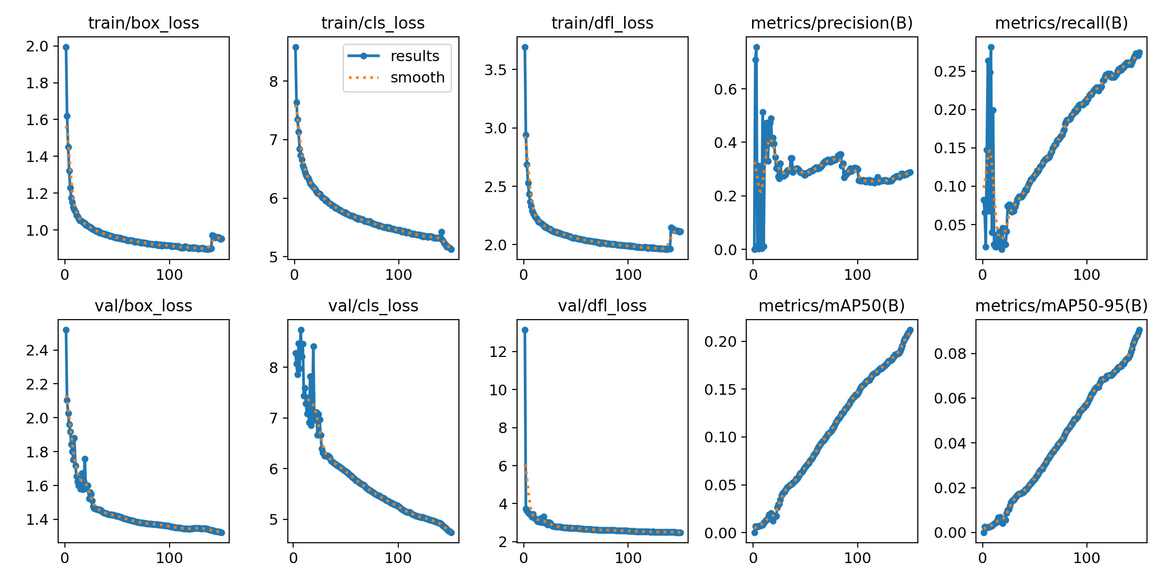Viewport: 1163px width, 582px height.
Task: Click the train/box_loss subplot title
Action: [x=143, y=23]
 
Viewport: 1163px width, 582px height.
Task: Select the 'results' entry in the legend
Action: [x=414, y=56]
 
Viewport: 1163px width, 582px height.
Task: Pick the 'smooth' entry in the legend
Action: [x=417, y=78]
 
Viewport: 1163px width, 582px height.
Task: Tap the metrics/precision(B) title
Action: [x=832, y=23]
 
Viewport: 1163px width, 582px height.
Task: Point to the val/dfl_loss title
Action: [x=602, y=306]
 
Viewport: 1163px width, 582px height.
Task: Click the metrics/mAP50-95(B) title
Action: [x=1061, y=306]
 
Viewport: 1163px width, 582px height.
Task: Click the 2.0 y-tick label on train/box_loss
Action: [x=37, y=47]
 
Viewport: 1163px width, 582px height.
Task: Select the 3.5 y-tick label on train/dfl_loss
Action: [x=495, y=70]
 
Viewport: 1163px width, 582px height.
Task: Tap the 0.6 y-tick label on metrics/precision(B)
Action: [x=725, y=89]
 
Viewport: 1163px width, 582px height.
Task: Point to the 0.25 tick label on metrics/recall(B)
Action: [x=950, y=72]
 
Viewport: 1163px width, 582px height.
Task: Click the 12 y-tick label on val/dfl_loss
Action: [x=498, y=352]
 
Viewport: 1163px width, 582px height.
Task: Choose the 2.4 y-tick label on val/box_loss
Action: [x=37, y=350]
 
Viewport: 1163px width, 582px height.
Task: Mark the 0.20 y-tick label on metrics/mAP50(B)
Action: [x=721, y=341]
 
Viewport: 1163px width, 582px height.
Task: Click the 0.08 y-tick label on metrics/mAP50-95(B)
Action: [x=950, y=354]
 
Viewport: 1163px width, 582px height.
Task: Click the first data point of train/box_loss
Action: [x=66, y=47]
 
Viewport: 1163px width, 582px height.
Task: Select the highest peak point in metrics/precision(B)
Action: [x=756, y=47]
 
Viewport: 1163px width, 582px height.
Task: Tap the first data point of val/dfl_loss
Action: [x=525, y=330]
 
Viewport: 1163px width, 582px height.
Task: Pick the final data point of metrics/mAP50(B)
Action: [x=910, y=330]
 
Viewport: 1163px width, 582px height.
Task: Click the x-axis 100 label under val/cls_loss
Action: [x=398, y=558]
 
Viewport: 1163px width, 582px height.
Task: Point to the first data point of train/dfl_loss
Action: [x=525, y=47]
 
